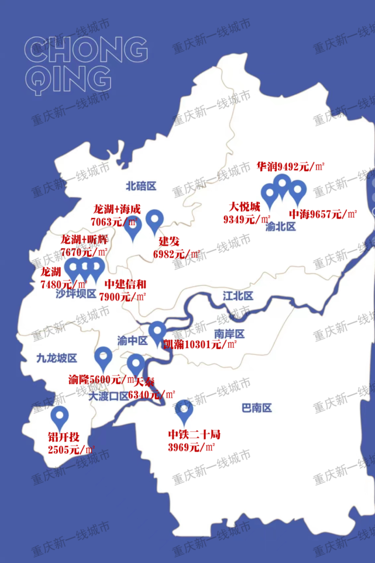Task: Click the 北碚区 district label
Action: [141, 186]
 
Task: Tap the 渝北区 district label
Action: [281, 227]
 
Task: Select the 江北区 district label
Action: [238, 296]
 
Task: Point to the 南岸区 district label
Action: [229, 334]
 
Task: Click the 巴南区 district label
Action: [257, 408]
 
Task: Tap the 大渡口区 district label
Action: [108, 396]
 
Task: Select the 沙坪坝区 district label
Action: [76, 293]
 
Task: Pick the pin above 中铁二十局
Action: [184, 410]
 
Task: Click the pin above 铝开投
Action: [60, 417]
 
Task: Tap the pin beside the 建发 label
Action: [155, 220]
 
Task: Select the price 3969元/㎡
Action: [192, 447]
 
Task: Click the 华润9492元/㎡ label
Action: [291, 167]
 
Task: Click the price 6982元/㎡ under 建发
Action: [176, 254]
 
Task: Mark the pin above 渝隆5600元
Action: [103, 355]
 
